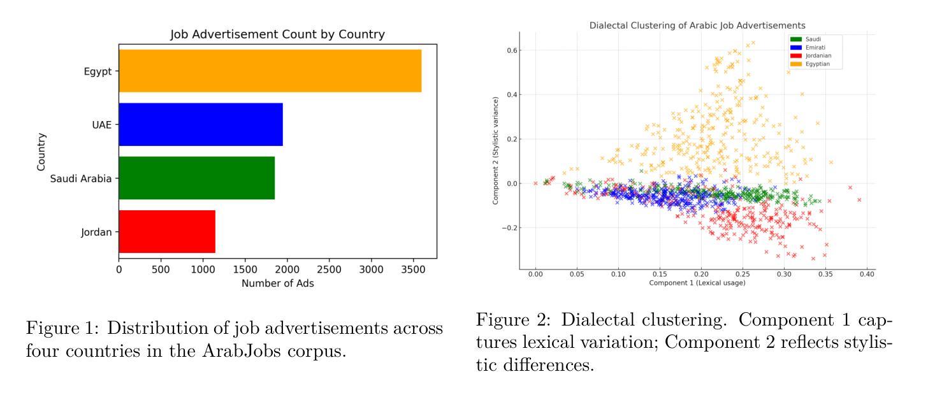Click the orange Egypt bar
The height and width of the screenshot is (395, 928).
pos(270,71)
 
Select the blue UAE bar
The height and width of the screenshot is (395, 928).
pos(200,124)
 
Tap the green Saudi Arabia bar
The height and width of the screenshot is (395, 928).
pos(196,178)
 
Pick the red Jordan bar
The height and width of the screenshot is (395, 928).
pos(167,231)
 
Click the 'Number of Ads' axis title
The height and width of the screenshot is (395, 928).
pos(277,284)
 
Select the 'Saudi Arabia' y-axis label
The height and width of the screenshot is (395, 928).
pos(81,178)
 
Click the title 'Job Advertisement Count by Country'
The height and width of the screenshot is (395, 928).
pos(277,34)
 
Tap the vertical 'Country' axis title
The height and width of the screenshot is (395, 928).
pos(41,151)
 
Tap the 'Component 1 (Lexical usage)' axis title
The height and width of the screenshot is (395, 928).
pos(697,282)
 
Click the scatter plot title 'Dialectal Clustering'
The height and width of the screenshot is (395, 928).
pos(697,25)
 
